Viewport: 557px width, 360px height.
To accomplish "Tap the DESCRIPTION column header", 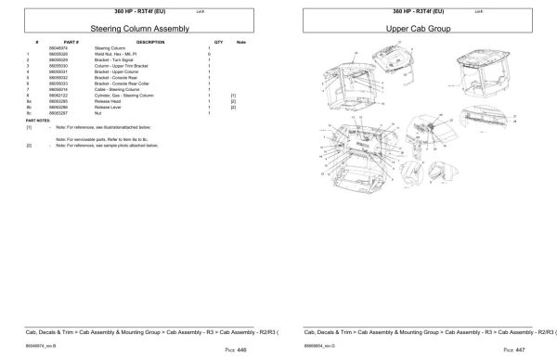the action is coord(149,43).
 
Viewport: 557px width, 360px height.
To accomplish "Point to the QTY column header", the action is coord(219,43).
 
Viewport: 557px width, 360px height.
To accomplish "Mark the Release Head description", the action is coord(108,100).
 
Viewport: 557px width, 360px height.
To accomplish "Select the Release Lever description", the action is coord(109,106).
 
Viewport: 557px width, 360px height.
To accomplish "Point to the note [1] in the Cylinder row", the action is coord(234,95).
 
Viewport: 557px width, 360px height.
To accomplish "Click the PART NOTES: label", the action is coord(39,120).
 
